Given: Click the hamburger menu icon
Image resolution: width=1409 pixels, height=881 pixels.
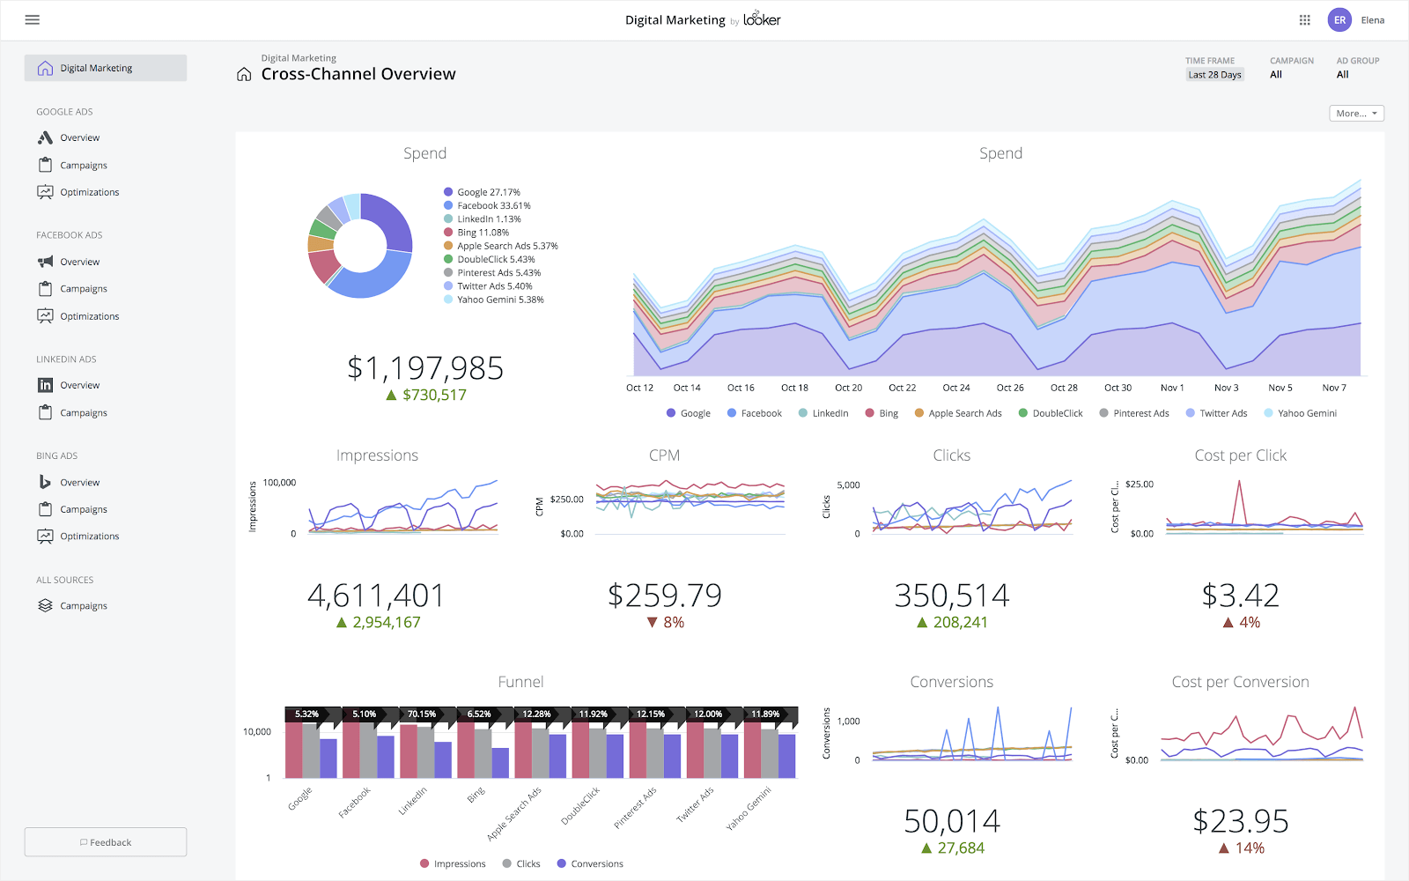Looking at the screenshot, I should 33,19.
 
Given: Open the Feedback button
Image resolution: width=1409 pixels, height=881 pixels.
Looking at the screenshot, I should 106,842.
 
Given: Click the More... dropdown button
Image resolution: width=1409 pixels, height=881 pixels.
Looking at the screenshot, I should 1356,114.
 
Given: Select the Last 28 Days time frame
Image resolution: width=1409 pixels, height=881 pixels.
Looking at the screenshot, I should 1214,75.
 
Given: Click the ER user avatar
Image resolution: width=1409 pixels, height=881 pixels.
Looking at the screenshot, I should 1339,19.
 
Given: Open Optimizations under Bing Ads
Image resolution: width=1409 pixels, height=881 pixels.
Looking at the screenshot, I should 89,537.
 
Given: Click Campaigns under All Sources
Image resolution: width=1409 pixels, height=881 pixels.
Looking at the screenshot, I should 83,606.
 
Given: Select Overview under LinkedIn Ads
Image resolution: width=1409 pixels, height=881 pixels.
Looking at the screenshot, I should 79,386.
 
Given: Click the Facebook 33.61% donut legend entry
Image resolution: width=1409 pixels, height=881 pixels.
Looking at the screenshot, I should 493,206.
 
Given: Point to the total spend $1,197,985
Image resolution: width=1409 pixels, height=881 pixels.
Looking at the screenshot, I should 424,368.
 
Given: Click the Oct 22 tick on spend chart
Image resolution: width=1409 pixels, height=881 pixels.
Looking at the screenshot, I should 902,388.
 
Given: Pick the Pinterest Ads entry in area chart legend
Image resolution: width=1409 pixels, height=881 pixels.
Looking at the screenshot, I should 1140,413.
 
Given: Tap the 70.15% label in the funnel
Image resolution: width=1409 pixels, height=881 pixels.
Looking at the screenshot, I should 422,714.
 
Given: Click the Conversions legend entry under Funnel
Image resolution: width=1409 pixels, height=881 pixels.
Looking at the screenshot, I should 596,864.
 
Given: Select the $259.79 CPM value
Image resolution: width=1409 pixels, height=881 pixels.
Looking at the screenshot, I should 664,596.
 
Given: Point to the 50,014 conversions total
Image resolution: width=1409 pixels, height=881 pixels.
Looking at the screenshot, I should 951,821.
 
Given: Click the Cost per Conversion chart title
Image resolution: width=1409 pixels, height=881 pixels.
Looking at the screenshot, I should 1240,682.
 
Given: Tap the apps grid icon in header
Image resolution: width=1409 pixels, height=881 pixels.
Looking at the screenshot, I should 1305,19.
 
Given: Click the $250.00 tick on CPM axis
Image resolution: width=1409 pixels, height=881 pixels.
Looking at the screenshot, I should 566,500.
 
